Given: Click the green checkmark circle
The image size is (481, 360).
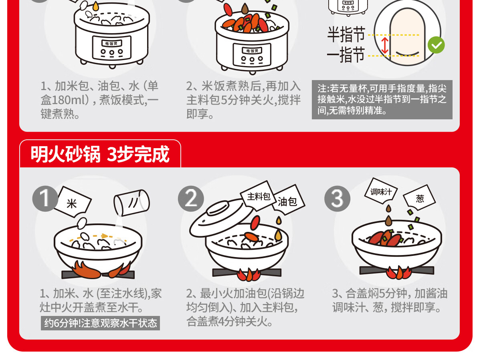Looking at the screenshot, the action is coord(436,45).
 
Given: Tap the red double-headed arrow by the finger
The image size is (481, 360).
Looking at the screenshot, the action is coord(385,46).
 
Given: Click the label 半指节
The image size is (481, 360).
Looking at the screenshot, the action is coord(346,34).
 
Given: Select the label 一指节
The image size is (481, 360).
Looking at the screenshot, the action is coord(346,54).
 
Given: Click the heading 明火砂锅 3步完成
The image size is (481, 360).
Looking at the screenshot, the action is coord(100,154).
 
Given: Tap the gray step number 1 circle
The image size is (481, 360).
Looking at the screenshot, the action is coord(45,199).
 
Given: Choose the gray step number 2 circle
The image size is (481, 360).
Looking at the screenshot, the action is coord(191,199).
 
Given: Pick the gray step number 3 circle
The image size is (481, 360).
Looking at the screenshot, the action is coord(337,199).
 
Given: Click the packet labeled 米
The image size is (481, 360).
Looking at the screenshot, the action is coord(73,202).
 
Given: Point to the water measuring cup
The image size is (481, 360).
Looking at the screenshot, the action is coord(131,203).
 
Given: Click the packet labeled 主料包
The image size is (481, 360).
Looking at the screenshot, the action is coord(258,196).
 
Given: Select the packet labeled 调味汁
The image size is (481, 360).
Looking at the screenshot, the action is coord(381,191).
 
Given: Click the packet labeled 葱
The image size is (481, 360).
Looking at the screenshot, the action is coord(419,197).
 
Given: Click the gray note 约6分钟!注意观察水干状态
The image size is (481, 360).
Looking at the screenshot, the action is coord(100,323).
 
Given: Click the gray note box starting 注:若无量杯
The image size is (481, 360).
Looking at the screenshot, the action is coord(382,100).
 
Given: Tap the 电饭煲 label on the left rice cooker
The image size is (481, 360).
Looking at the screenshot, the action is coord(111,43).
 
